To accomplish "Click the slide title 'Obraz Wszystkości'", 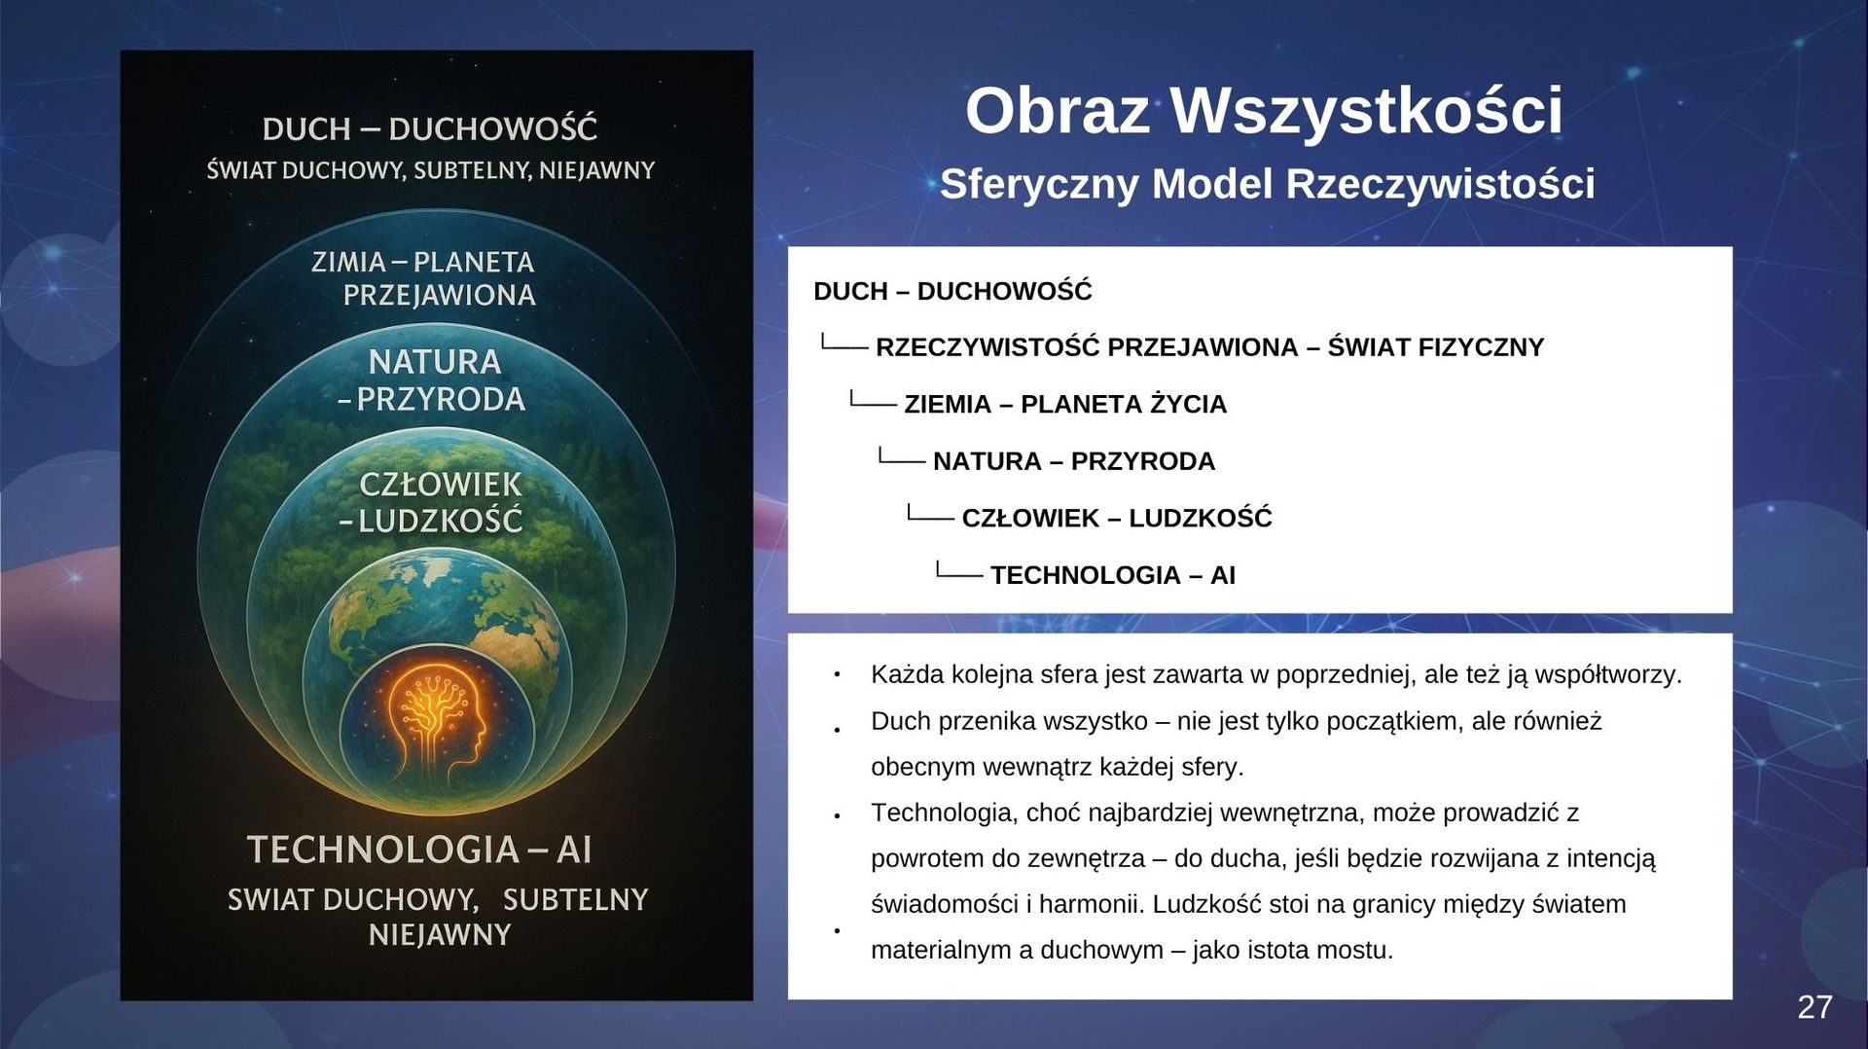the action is (1264, 110).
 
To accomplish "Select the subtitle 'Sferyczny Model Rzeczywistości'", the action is (1267, 184).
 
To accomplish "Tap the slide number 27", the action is (1814, 1007).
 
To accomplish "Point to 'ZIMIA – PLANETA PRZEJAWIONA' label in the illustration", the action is (424, 278).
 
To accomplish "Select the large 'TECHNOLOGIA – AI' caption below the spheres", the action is (419, 850).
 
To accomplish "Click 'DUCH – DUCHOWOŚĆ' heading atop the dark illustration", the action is (429, 128).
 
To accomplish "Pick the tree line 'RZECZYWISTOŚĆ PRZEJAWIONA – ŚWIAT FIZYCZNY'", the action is (1209, 347).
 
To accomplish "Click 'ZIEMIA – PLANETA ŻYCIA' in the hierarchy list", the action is (1065, 404).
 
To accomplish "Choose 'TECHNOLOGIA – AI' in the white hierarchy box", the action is (1113, 575).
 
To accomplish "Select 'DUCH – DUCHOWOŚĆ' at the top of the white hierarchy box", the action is (952, 291).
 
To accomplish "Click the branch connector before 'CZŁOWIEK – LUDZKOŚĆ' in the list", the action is (930, 514).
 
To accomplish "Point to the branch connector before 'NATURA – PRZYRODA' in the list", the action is (901, 457).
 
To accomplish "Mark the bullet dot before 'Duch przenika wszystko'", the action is (837, 730).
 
